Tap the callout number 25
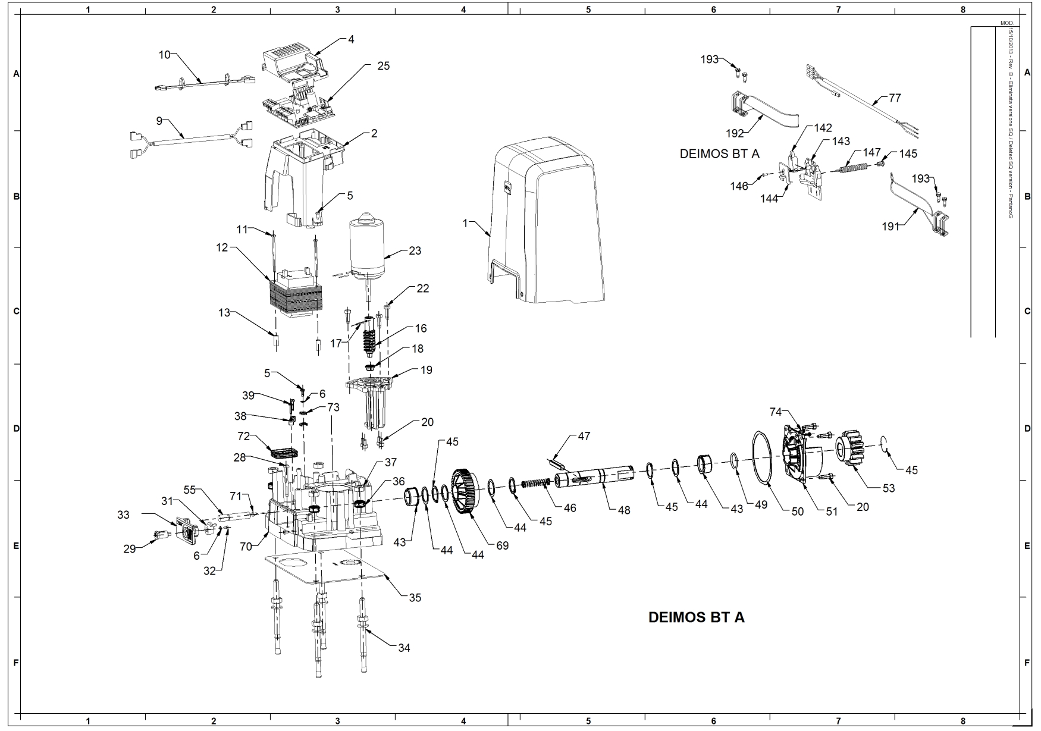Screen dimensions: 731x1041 tap(384, 66)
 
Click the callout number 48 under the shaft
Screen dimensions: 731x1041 tap(623, 510)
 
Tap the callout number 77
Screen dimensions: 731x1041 tap(895, 98)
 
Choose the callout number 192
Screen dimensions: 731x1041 tap(735, 133)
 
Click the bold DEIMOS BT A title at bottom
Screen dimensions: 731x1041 tap(696, 617)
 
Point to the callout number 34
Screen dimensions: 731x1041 tap(404, 648)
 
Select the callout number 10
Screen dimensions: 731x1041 tap(164, 55)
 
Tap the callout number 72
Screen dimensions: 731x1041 tap(243, 437)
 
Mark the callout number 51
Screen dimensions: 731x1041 tap(832, 511)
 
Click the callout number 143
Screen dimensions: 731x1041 tap(841, 142)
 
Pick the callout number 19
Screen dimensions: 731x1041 tap(426, 370)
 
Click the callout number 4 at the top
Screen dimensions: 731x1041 tap(351, 39)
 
